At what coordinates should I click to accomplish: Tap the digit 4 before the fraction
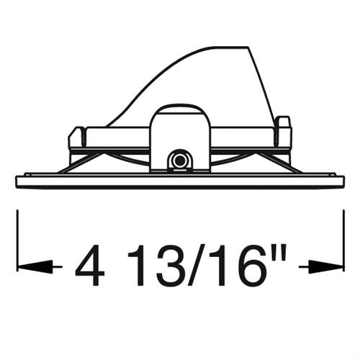coord(90,266)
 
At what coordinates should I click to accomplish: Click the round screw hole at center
coord(179,159)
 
